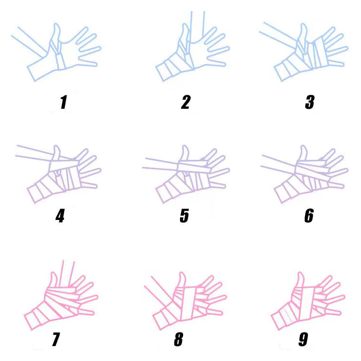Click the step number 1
tap(64, 102)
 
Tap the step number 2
tap(186, 102)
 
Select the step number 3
tap(309, 102)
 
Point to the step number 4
tap(60, 216)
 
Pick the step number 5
tap(184, 216)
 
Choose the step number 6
tap(309, 216)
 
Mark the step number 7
tap(55, 339)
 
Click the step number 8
tap(179, 339)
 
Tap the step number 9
tap(303, 339)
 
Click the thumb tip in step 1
tap(56, 24)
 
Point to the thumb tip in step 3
tap(304, 24)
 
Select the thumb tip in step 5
tap(184, 146)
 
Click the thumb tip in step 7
tap(53, 272)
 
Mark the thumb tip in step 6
tap(303, 146)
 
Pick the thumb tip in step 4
tap(56, 146)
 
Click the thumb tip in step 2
tap(185, 24)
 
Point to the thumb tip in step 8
tap(181, 272)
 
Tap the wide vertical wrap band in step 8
tap(189, 303)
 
